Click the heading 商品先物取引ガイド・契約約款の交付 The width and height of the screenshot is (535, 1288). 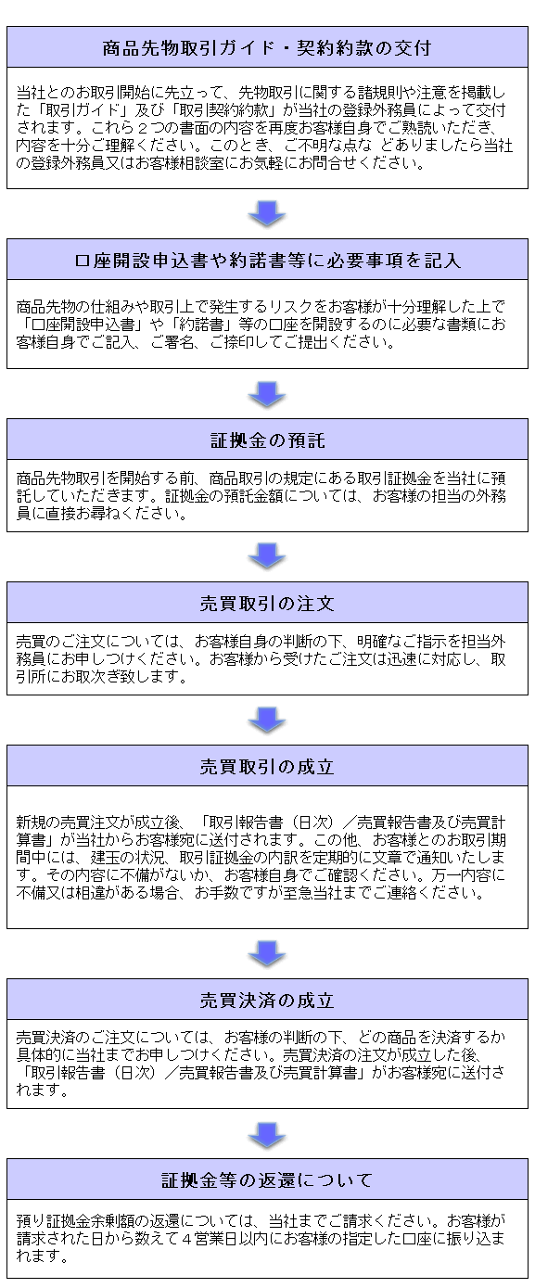pyautogui.click(x=267, y=47)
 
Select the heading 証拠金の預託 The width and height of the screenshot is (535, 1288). pyautogui.click(x=267, y=440)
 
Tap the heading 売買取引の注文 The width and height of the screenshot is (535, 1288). pyautogui.click(x=267, y=604)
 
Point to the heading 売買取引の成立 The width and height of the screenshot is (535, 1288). pyautogui.click(x=267, y=767)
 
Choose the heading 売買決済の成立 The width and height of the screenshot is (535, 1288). pyautogui.click(x=267, y=1001)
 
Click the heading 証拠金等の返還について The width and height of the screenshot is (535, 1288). pyautogui.click(x=267, y=1180)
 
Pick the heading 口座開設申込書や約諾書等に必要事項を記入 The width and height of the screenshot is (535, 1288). pyautogui.click(x=267, y=261)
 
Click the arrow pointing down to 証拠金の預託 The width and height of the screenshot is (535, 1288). pyautogui.click(x=267, y=394)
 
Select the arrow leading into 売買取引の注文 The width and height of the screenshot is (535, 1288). pyautogui.click(x=267, y=557)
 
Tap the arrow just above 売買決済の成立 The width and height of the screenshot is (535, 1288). pyautogui.click(x=267, y=954)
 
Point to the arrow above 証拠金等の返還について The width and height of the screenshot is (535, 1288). pyautogui.click(x=267, y=1134)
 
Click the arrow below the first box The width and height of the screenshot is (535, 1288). pyautogui.click(x=267, y=214)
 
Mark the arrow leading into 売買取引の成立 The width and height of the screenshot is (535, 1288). pyautogui.click(x=267, y=721)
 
